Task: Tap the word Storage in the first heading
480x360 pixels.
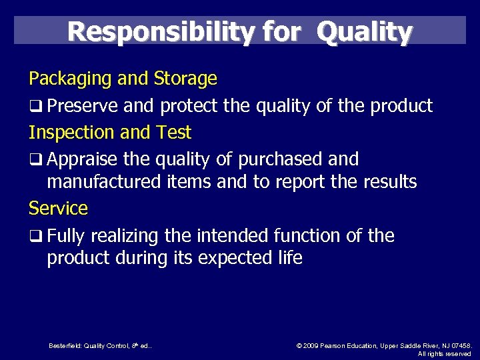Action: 185,79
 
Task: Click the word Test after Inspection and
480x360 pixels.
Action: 174,133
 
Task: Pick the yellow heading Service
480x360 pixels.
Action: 58,208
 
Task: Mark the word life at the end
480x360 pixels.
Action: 290,257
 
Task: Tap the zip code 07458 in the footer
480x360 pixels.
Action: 461,345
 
